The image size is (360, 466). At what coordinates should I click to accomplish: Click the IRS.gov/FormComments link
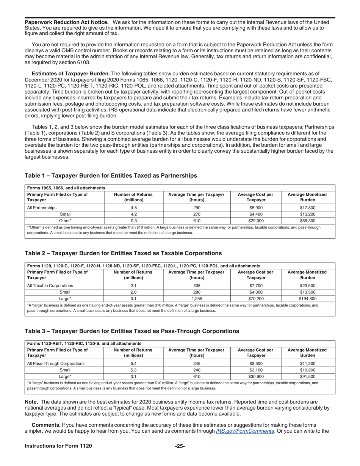pyautogui.click(x=245, y=431)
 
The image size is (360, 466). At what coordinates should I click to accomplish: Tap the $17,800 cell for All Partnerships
pyautogui.click(x=307, y=208)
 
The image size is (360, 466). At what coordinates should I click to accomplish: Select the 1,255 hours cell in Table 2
pyautogui.click(x=197, y=299)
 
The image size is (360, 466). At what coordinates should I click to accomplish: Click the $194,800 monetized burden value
pyautogui.click(x=307, y=299)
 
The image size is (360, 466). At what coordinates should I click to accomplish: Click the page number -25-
pyautogui.click(x=180, y=446)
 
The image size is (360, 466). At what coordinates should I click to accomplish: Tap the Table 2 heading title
pyautogui.click(x=123, y=253)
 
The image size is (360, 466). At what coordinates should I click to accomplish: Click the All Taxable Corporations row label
pyautogui.click(x=50, y=286)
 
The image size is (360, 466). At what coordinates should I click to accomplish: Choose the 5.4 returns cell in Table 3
pyautogui.click(x=133, y=364)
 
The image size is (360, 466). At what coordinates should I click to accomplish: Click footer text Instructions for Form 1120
pyautogui.click(x=58, y=446)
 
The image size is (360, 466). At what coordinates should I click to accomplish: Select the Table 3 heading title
pyautogui.click(x=132, y=331)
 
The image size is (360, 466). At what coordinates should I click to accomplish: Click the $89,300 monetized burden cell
pyautogui.click(x=307, y=220)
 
